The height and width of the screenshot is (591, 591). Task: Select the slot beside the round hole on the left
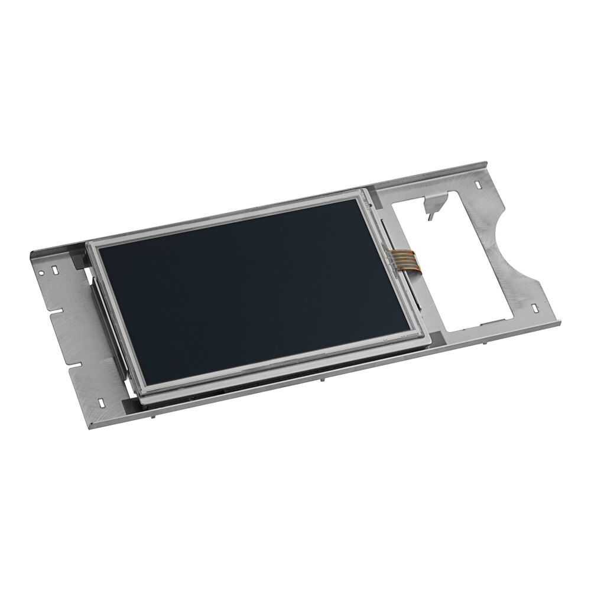(54, 270)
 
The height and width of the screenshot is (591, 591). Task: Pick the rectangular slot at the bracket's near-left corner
(100, 402)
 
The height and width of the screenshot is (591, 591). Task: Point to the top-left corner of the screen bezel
(89, 243)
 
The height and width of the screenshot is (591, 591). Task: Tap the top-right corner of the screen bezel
(362, 191)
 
